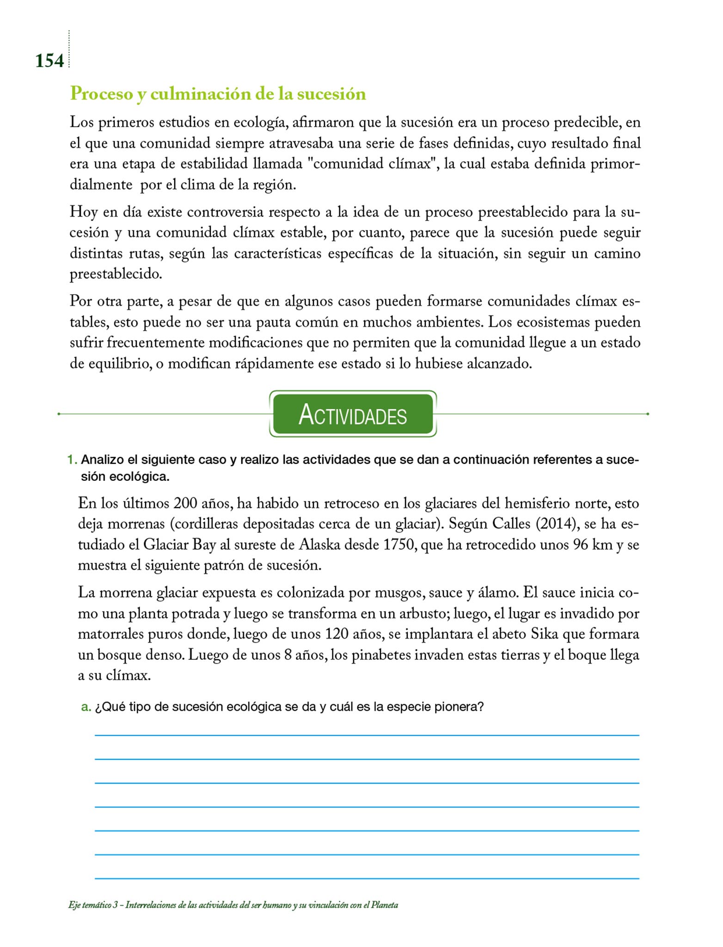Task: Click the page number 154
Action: pyautogui.click(x=49, y=61)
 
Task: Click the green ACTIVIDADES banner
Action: pyautogui.click(x=353, y=414)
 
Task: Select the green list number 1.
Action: pyautogui.click(x=72, y=460)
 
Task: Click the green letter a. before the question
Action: pyautogui.click(x=86, y=707)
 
